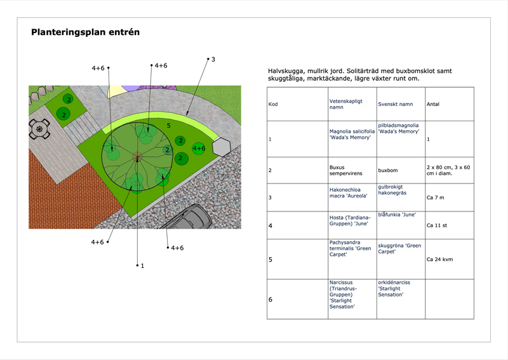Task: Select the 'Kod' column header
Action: tap(273, 104)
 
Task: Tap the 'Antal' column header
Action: tap(432, 104)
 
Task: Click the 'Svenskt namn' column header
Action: tap(395, 104)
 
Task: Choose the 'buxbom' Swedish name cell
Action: tap(387, 171)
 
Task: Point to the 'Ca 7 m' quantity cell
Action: tap(436, 198)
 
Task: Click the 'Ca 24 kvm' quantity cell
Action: tap(439, 260)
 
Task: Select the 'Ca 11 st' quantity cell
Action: tap(438, 225)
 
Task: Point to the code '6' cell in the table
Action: tap(271, 299)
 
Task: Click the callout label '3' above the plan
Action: tap(213, 59)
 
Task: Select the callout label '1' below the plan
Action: tap(142, 266)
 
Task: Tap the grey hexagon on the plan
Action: tap(222, 147)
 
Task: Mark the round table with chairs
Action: tap(41, 130)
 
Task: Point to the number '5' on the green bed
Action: tap(168, 126)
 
